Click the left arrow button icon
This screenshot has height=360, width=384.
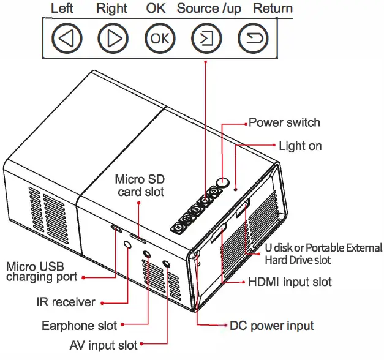66,39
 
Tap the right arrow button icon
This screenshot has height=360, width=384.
113,39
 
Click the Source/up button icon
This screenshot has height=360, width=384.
206,39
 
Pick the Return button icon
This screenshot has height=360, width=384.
253,39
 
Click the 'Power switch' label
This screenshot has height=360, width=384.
284,122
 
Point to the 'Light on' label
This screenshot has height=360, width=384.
300,146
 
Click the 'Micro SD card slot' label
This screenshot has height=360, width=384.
140,185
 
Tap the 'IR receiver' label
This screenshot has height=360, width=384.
66,302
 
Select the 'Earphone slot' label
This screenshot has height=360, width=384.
79,325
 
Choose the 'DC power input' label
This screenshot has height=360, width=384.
271,325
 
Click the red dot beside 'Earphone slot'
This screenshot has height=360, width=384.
123,325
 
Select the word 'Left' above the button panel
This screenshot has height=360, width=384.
62,9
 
